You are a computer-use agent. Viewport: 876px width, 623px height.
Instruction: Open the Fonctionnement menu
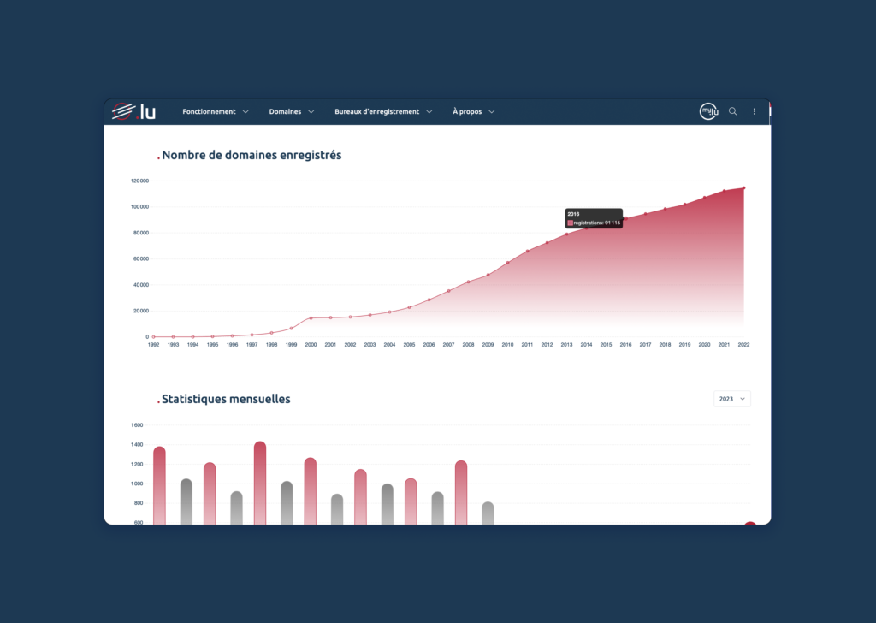coord(215,111)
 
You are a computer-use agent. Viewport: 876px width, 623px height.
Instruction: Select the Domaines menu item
coord(291,111)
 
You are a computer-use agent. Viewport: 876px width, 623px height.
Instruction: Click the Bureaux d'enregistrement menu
coord(383,111)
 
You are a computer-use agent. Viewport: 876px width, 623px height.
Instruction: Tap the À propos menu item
coord(473,111)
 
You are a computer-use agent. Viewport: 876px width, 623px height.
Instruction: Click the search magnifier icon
coord(732,111)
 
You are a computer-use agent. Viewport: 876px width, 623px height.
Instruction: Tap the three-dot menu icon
coord(754,111)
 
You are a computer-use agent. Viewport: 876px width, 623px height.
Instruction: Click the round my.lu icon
coord(708,111)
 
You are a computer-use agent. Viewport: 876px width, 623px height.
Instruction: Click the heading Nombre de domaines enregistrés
coord(251,155)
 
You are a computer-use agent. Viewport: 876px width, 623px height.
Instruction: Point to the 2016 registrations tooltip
coord(594,218)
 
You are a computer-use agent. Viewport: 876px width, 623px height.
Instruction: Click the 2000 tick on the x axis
coord(311,345)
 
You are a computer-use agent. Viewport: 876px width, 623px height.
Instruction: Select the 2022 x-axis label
coord(743,345)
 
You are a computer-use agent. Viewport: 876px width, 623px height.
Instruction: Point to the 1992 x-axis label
coord(154,345)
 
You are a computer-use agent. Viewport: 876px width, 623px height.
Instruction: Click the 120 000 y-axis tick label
coord(140,181)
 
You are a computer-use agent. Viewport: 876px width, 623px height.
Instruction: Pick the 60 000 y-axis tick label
coord(140,258)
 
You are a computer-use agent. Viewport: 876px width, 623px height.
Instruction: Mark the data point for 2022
coord(743,187)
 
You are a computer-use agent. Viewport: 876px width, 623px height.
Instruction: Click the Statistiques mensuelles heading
coord(225,399)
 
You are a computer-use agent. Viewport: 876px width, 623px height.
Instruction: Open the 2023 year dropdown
coord(732,399)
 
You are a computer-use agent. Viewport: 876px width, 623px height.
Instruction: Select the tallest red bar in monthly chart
coord(260,484)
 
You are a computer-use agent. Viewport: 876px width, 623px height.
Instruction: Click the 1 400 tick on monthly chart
coord(137,444)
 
